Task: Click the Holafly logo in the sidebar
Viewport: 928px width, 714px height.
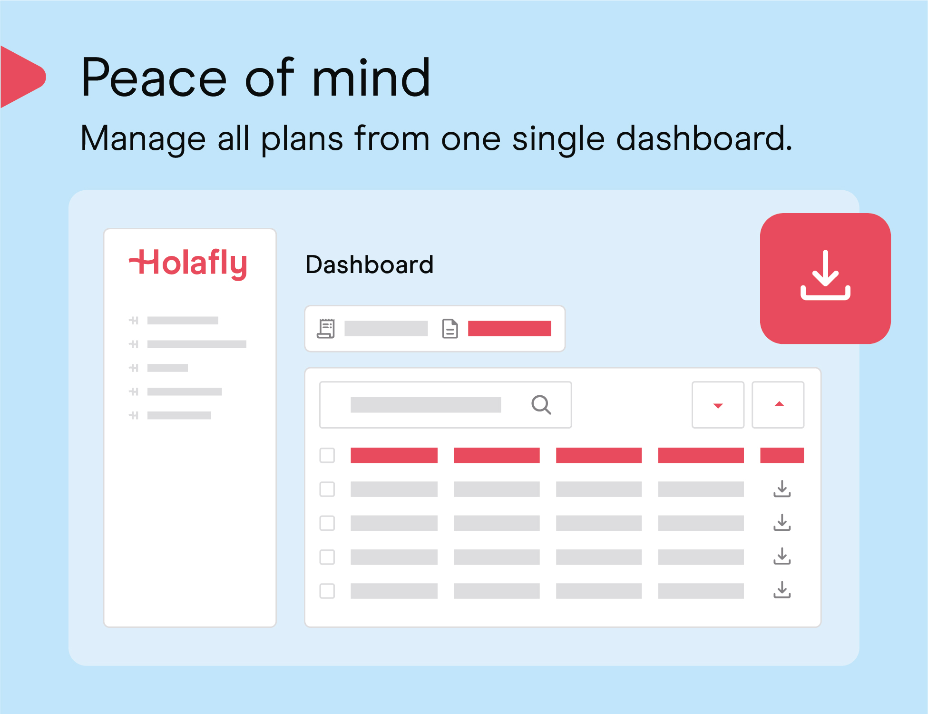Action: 188,264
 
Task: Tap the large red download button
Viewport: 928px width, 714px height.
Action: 825,278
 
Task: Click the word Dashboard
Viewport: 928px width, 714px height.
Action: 370,264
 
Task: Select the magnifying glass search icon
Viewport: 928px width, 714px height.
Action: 541,405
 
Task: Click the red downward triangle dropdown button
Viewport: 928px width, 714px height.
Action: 718,405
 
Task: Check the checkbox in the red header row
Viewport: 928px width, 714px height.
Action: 327,455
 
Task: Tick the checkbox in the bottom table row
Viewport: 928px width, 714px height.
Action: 327,591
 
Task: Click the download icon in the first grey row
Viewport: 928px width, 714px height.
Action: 782,489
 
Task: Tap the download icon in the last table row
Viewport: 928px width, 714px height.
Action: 782,590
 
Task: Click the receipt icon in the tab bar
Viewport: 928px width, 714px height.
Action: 326,329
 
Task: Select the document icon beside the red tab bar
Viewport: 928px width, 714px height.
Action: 450,329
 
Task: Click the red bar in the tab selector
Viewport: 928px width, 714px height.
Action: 509,329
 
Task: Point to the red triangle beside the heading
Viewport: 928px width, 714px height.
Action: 21,77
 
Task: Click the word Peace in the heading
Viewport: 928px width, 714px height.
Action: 154,78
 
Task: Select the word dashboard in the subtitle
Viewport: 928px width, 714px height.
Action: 704,138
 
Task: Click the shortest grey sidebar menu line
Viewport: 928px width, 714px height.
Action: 167,368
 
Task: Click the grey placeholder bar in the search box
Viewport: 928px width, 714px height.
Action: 426,405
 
